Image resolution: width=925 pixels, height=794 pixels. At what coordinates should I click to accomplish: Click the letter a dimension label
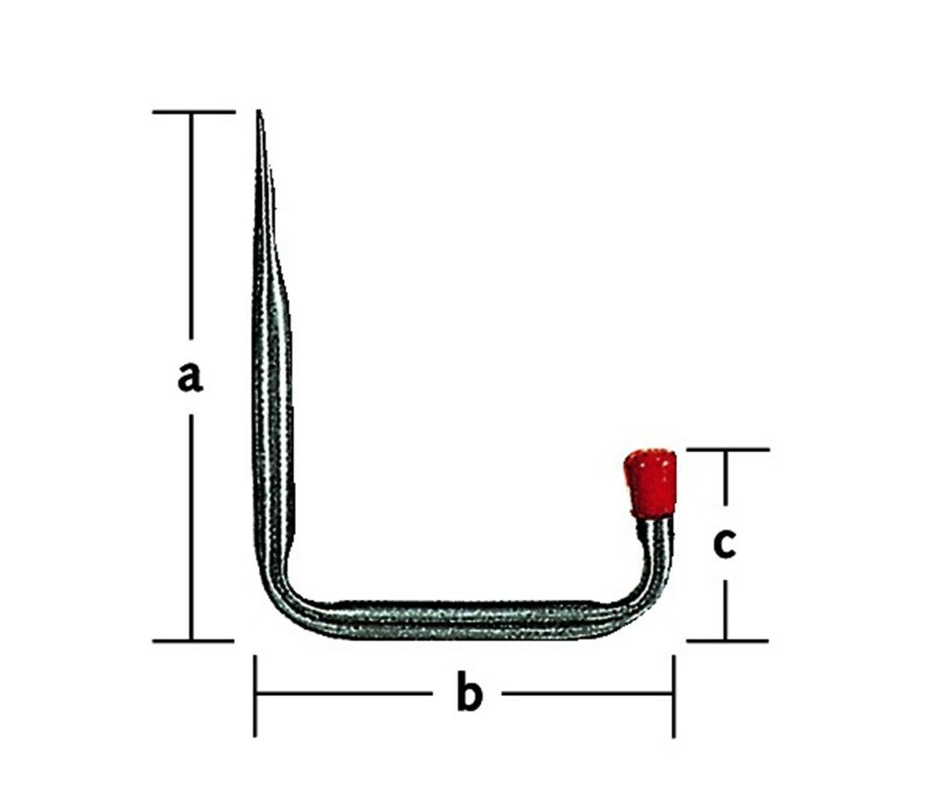pyautogui.click(x=191, y=377)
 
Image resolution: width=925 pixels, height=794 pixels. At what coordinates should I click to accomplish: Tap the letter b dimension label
pyautogui.click(x=470, y=695)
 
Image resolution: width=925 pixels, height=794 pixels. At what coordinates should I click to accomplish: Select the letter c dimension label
pyautogui.click(x=724, y=544)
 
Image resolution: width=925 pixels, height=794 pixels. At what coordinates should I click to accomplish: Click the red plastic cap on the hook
pyautogui.click(x=650, y=482)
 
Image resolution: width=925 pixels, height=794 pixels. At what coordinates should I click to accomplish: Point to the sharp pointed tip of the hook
pyautogui.click(x=260, y=116)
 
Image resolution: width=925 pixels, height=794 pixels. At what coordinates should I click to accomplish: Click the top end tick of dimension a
pyautogui.click(x=193, y=112)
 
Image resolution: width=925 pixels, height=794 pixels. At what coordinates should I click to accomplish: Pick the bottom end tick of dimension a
pyautogui.click(x=192, y=639)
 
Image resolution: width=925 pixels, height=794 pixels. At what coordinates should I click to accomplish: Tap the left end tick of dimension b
pyautogui.click(x=255, y=695)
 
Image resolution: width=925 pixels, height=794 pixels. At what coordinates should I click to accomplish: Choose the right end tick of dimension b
pyautogui.click(x=673, y=695)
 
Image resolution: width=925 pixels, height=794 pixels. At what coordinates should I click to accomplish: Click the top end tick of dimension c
pyautogui.click(x=727, y=450)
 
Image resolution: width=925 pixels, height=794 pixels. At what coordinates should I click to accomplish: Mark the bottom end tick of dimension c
pyautogui.click(x=726, y=639)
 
